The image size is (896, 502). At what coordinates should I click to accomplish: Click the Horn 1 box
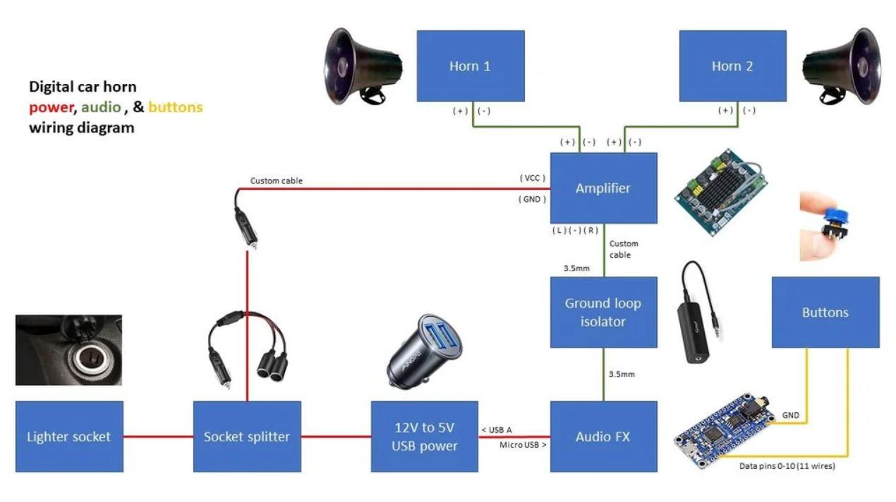(x=470, y=66)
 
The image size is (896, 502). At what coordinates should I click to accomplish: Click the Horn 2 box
(x=732, y=66)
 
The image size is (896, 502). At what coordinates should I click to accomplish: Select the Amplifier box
(x=603, y=188)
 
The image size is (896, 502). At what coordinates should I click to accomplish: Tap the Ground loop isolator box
(x=603, y=312)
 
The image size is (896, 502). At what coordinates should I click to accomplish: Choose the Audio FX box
(x=603, y=436)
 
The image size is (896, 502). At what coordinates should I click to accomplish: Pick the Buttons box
(x=825, y=312)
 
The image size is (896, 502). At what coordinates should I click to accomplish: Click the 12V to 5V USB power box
(x=424, y=436)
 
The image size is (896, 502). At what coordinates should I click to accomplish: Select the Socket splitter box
(x=247, y=436)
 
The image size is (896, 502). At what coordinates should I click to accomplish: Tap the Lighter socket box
(x=69, y=436)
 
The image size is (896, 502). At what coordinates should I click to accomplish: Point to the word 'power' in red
(x=51, y=107)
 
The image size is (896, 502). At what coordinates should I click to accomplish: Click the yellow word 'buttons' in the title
(x=175, y=107)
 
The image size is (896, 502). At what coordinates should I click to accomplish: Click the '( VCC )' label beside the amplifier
(x=533, y=178)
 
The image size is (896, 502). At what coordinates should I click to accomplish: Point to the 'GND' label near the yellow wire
(x=791, y=415)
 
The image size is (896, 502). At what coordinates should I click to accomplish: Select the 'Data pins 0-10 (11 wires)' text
(x=787, y=466)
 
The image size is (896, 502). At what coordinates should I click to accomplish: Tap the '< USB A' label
(x=497, y=430)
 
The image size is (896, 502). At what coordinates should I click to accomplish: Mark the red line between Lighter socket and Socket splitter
(x=158, y=436)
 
